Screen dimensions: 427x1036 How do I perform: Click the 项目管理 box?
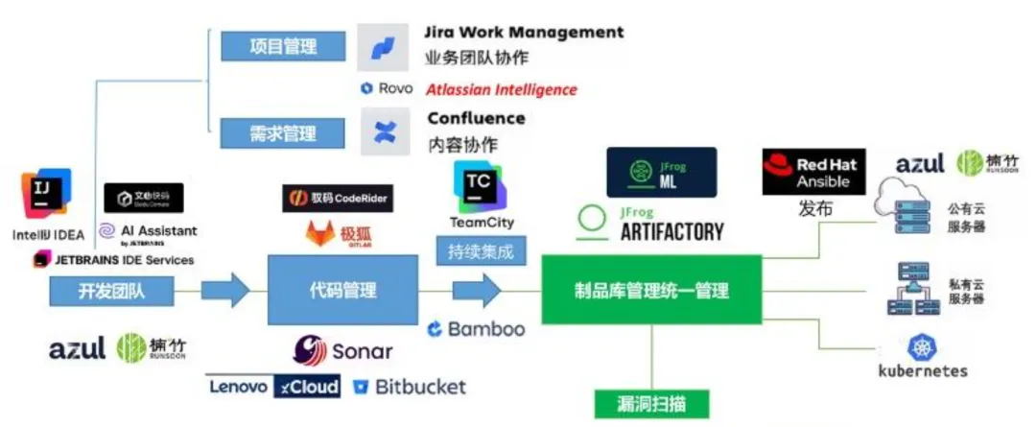click(283, 45)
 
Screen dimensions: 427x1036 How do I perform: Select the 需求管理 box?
click(283, 131)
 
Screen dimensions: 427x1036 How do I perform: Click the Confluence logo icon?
click(383, 131)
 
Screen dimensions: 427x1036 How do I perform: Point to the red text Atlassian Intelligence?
click(502, 89)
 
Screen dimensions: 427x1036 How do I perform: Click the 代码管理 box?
click(342, 290)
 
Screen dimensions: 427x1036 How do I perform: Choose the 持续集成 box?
click(482, 253)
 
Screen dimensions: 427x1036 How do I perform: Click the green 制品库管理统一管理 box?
click(651, 290)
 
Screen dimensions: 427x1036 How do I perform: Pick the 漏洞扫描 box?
click(651, 403)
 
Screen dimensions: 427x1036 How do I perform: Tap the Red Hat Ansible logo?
click(812, 172)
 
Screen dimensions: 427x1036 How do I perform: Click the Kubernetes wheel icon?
click(922, 348)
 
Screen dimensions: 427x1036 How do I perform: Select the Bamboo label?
click(477, 329)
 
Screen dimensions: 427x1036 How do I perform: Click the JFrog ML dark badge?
click(662, 172)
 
